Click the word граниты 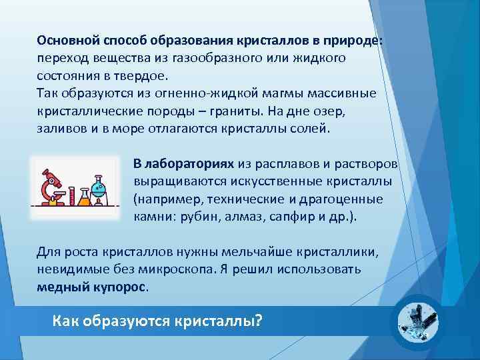click(x=248, y=109)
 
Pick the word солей click(x=309, y=127)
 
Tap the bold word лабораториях click(x=189, y=163)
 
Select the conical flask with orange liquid click(x=84, y=197)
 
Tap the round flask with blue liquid click(x=101, y=190)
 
